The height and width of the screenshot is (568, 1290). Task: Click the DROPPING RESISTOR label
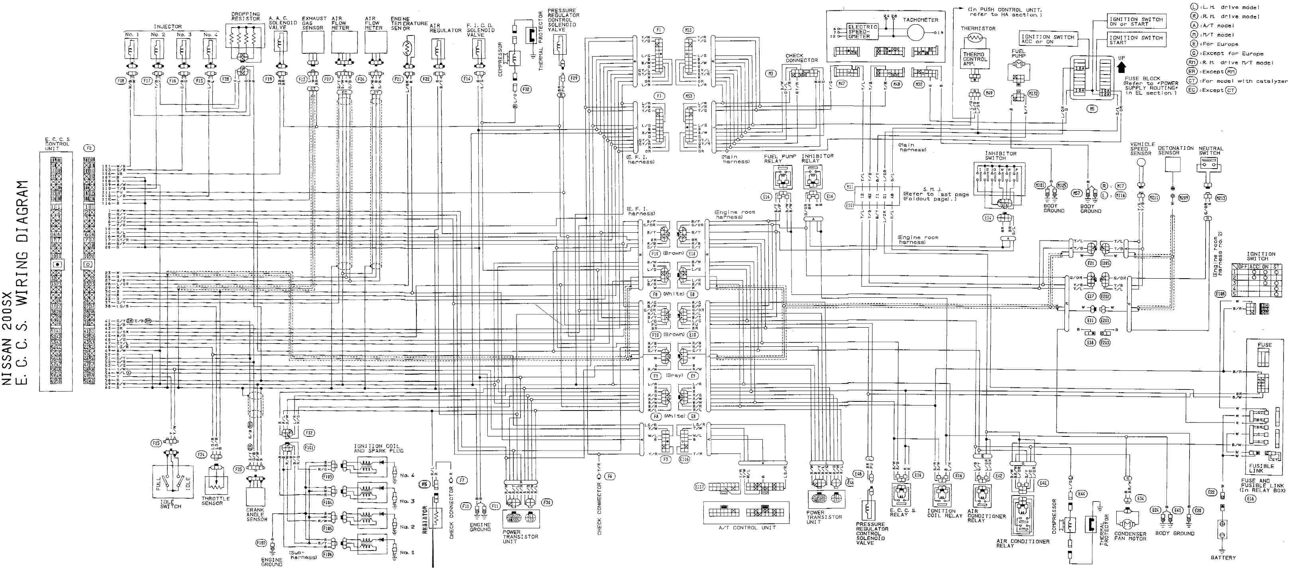pos(245,16)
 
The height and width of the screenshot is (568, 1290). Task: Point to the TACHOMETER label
pos(921,20)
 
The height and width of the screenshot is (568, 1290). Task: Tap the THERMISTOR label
pos(978,29)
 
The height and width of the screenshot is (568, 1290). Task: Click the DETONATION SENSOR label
pos(1175,150)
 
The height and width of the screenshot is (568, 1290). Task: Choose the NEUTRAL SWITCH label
pos(1210,151)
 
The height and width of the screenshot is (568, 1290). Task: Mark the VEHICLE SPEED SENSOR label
pos(1142,149)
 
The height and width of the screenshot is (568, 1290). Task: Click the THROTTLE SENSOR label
pos(215,501)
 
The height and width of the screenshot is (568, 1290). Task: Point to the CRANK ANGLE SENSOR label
pos(256,515)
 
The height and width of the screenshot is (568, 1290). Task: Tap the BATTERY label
pos(1223,558)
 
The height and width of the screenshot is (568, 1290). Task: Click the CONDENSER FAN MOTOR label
pos(1130,536)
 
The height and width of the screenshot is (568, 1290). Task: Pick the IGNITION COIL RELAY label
pos(944,513)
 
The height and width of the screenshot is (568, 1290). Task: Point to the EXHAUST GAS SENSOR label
pos(314,23)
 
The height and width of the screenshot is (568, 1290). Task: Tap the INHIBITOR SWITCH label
pos(1001,156)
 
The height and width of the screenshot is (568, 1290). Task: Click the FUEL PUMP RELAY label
pos(779,159)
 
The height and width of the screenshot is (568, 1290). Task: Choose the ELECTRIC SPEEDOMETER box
pos(862,31)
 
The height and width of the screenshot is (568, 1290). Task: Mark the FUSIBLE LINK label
pos(1261,468)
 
